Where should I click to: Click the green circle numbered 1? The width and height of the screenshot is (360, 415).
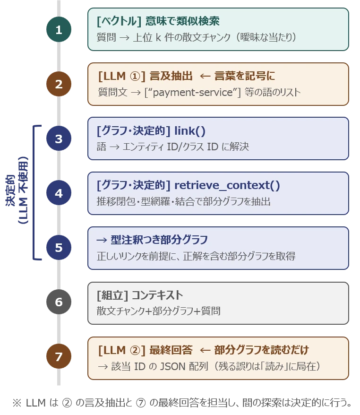[59, 29]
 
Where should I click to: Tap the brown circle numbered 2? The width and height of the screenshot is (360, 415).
[59, 84]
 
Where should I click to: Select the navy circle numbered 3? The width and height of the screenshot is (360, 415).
[59, 138]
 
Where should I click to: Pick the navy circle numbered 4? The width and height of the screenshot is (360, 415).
[59, 193]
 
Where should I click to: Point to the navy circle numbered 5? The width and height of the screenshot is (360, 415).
[59, 248]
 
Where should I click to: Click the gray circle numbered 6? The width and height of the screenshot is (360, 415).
[59, 302]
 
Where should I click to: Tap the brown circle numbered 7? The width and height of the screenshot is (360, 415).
[59, 356]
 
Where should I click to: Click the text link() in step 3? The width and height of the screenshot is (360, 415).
[189, 131]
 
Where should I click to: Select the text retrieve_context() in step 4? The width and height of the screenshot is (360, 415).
[227, 186]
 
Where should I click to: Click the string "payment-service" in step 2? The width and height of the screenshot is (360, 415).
[193, 92]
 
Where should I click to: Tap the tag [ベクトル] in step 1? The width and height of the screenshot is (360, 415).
[119, 21]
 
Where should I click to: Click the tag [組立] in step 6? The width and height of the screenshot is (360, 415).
[112, 295]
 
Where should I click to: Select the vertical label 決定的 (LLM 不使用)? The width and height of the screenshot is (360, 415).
[17, 190]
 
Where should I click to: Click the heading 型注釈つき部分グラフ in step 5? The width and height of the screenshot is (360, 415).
[159, 240]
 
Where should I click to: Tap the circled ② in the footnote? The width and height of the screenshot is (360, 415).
[67, 403]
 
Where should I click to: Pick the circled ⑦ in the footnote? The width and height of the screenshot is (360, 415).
[141, 403]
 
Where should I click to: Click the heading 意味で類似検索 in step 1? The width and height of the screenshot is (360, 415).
[182, 21]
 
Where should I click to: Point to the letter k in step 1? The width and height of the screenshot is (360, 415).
[158, 37]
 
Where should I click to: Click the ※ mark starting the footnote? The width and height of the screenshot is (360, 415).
[17, 403]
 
